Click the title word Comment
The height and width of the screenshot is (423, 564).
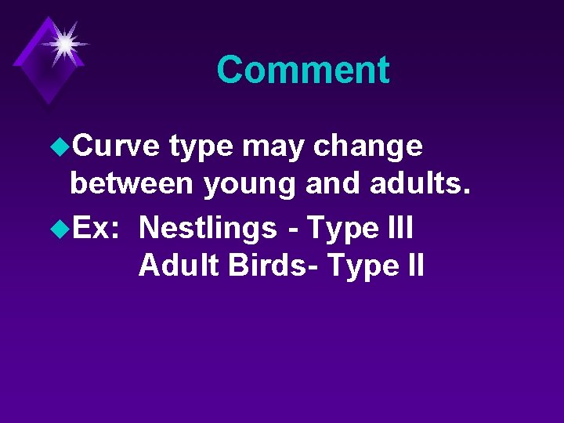[x=302, y=70]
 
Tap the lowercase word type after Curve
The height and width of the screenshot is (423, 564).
[x=201, y=147]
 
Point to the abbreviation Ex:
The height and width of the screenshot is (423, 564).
[x=99, y=228]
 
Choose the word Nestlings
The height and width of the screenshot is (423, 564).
[x=207, y=229]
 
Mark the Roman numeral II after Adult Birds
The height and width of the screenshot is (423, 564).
[x=413, y=266]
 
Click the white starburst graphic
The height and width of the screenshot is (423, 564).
[x=63, y=42]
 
